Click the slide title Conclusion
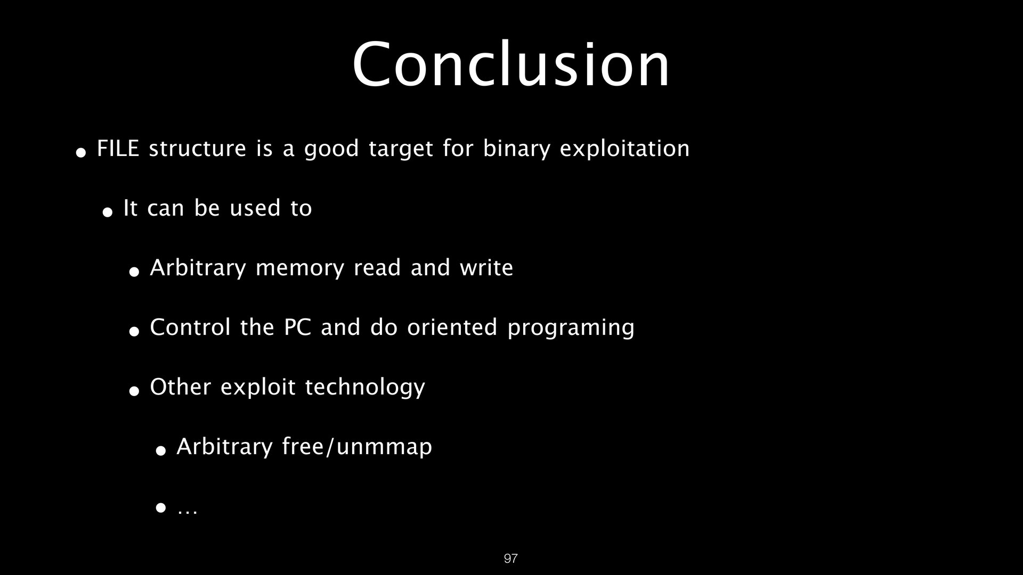tap(511, 65)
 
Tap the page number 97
tap(510, 558)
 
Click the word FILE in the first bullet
tap(118, 149)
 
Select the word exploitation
tap(624, 149)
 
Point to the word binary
tap(516, 149)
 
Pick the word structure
tap(197, 149)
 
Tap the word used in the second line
tap(255, 208)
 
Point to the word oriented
tap(452, 327)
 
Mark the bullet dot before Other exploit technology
tap(134, 391)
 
